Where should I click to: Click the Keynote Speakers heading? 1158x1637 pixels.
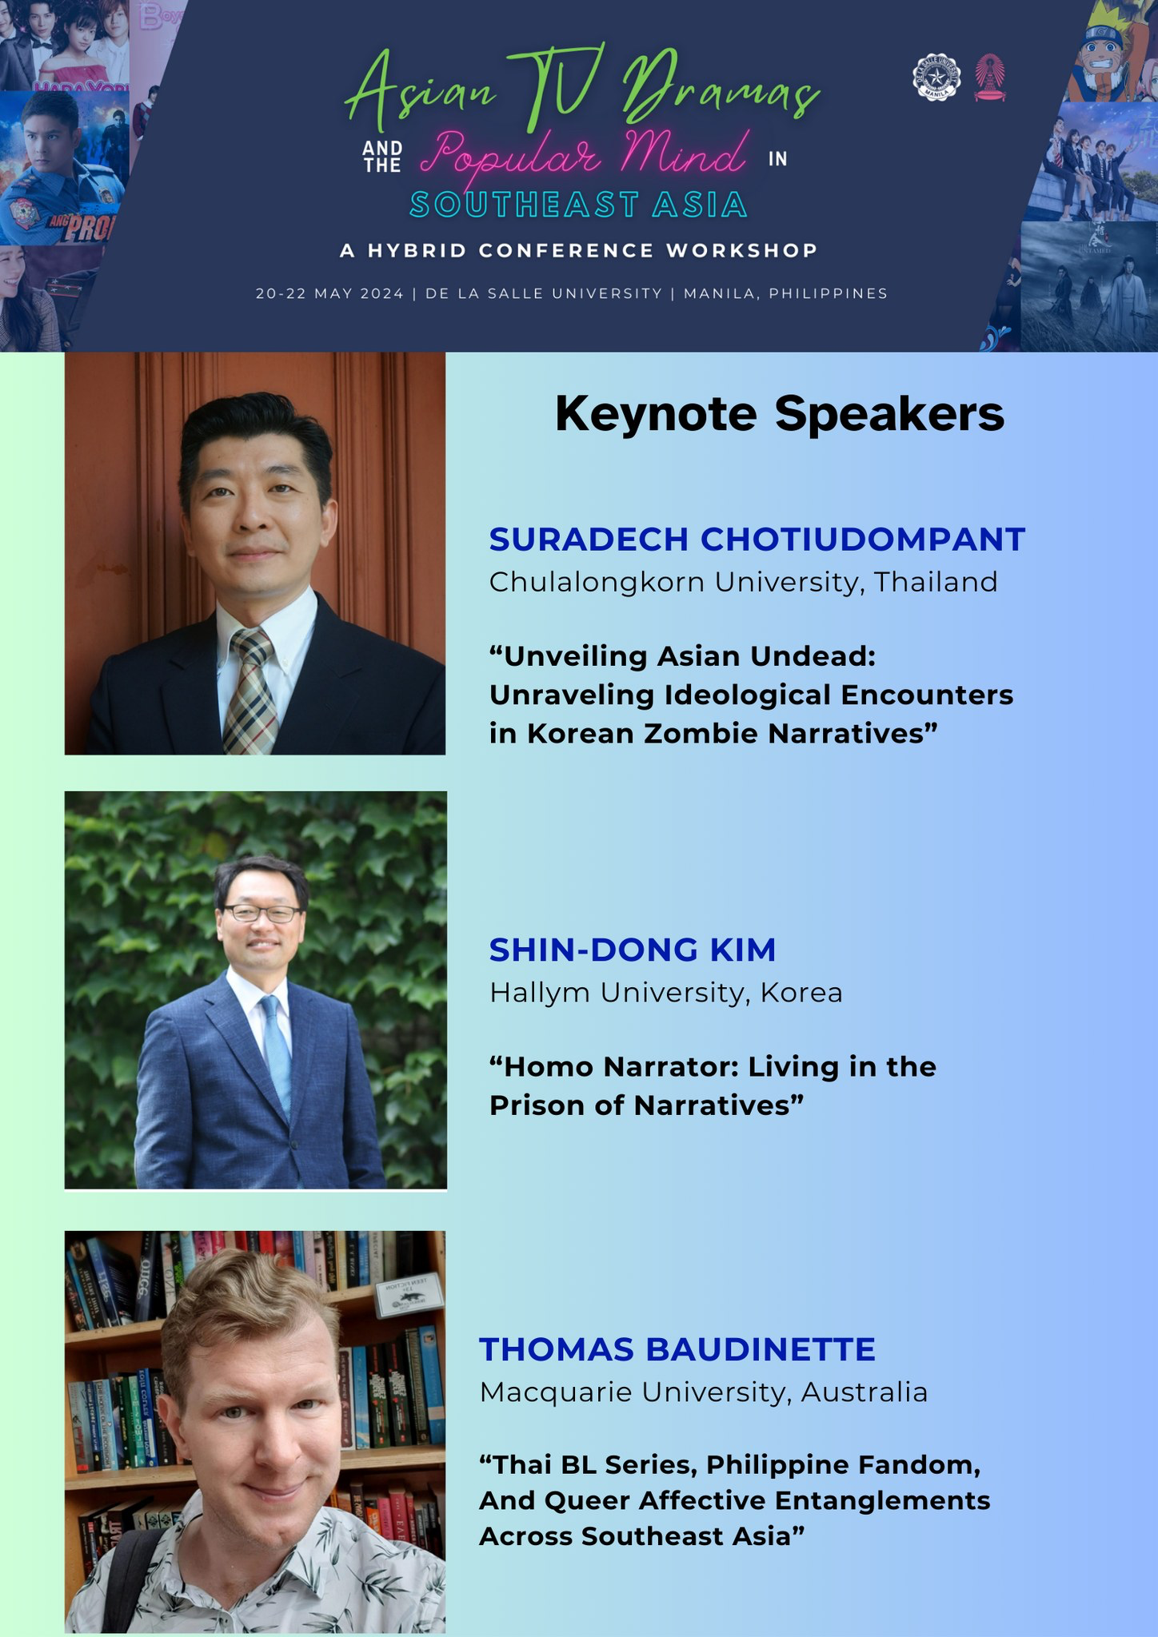click(779, 415)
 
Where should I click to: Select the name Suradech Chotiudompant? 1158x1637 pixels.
click(757, 540)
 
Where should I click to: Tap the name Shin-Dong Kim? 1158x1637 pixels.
click(633, 950)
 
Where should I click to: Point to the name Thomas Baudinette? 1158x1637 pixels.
click(677, 1349)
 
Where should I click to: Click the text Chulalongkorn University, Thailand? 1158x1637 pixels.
click(743, 582)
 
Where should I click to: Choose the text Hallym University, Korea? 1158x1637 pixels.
click(665, 993)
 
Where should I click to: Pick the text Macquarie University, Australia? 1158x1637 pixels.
click(703, 1392)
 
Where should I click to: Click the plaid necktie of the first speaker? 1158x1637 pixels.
click(251, 691)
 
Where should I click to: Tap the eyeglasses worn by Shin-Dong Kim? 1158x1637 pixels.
click(261, 914)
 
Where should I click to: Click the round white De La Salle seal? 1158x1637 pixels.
click(936, 78)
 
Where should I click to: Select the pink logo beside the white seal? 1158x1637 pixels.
click(990, 78)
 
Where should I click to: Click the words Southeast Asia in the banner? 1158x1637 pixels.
click(578, 205)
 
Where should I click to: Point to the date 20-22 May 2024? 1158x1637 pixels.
click(329, 293)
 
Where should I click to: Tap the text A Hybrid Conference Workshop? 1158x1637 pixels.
click(579, 251)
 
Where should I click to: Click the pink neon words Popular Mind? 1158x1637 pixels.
click(584, 152)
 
